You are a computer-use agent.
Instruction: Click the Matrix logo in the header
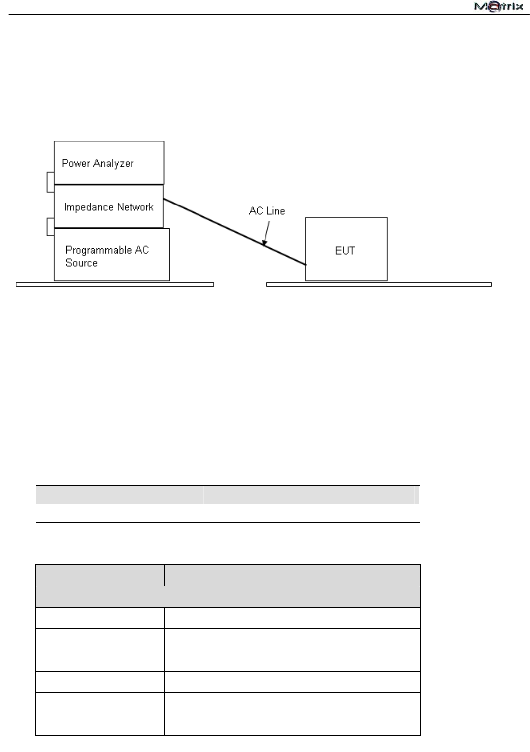[498, 7]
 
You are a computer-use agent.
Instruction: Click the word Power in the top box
[75, 163]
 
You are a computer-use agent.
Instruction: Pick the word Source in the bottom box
[81, 263]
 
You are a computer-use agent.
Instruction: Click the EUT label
[345, 250]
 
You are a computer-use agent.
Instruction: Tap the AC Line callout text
[267, 211]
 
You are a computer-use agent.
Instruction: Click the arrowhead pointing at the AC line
[265, 242]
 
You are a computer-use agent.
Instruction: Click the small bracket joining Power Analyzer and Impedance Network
[50, 182]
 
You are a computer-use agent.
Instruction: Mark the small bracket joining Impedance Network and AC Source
[50, 226]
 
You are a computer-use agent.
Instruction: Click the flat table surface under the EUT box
[379, 284]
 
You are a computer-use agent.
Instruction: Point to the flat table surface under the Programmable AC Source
[115, 284]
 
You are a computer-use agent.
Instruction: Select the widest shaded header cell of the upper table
[314, 495]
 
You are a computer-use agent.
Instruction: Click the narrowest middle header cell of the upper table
[166, 495]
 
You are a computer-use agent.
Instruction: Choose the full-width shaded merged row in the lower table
[228, 596]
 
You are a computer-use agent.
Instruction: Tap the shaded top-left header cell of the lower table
[100, 575]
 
